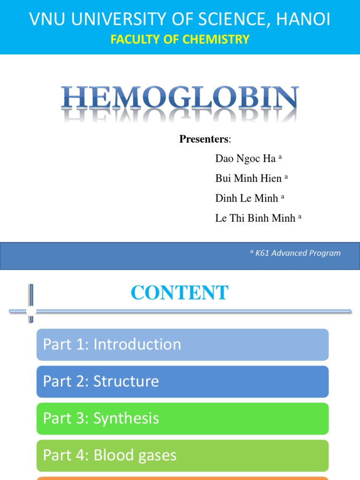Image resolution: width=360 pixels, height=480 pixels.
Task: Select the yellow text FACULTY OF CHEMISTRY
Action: pyautogui.click(x=180, y=39)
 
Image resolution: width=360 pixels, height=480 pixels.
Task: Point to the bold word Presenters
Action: pyautogui.click(x=204, y=139)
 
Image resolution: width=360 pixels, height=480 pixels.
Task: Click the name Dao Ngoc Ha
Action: pyautogui.click(x=245, y=158)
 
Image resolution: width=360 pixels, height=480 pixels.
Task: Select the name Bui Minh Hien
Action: pyautogui.click(x=248, y=178)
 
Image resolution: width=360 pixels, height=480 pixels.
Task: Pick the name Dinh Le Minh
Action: pyautogui.click(x=247, y=198)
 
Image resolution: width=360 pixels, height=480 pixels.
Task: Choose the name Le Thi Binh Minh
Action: pyautogui.click(x=255, y=217)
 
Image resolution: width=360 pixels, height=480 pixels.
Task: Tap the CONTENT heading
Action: pyautogui.click(x=180, y=293)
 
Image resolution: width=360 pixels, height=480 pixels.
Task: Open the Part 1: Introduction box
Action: pyautogui.click(x=182, y=345)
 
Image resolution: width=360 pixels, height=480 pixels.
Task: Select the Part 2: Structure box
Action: pyautogui.click(x=182, y=382)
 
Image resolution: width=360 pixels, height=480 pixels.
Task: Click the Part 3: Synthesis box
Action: pyautogui.click(x=182, y=418)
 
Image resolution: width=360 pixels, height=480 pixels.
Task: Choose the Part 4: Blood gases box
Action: pyautogui.click(x=182, y=455)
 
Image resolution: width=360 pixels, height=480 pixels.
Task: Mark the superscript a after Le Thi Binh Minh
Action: pyautogui.click(x=300, y=216)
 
